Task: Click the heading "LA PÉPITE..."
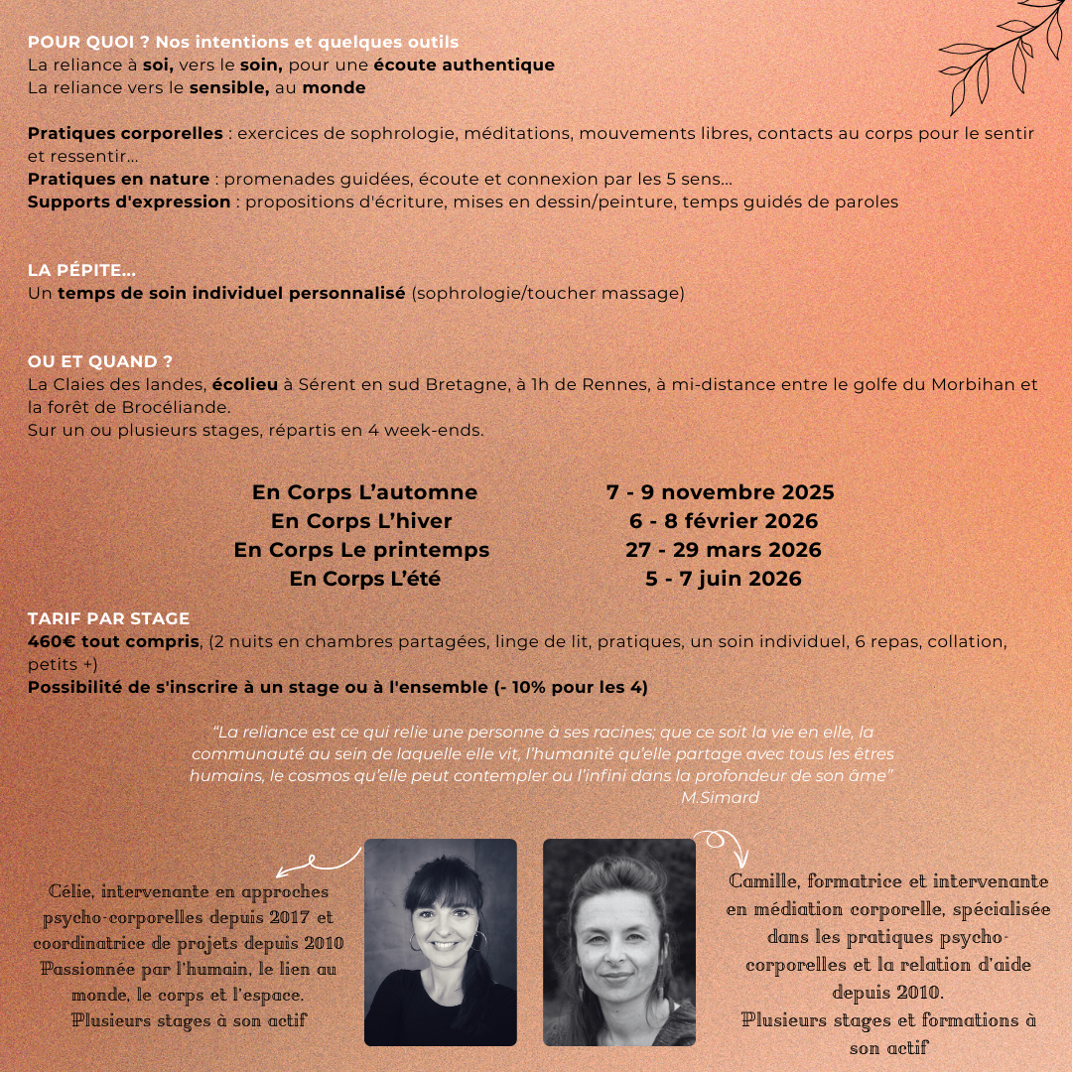tap(82, 270)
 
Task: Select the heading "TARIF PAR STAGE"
tap(108, 618)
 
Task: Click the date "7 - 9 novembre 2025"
tap(720, 492)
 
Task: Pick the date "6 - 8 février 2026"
tap(723, 521)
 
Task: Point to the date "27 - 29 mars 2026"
tap(723, 550)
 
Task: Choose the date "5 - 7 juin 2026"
tap(723, 579)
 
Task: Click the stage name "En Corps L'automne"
tap(364, 492)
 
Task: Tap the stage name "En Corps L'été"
tap(364, 579)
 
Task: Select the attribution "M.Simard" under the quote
tap(720, 797)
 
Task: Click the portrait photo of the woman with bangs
tap(440, 941)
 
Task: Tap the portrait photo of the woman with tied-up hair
tap(618, 941)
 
